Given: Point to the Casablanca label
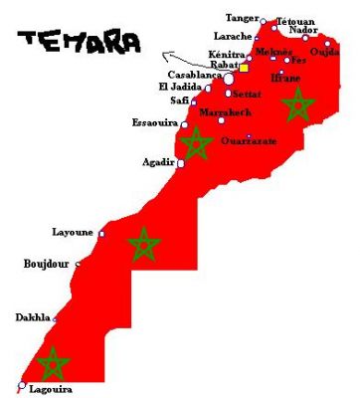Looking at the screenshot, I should point(194,75).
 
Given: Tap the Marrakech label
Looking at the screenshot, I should point(225,112).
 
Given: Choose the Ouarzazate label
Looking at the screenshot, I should point(249,141).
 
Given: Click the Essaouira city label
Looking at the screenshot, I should point(154,124).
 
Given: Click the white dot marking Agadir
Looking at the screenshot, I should point(180,163).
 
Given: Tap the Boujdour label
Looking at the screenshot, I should point(47,265).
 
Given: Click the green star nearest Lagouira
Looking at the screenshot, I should point(52,363).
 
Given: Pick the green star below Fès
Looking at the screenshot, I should point(296,103).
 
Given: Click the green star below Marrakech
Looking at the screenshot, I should point(196,143).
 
